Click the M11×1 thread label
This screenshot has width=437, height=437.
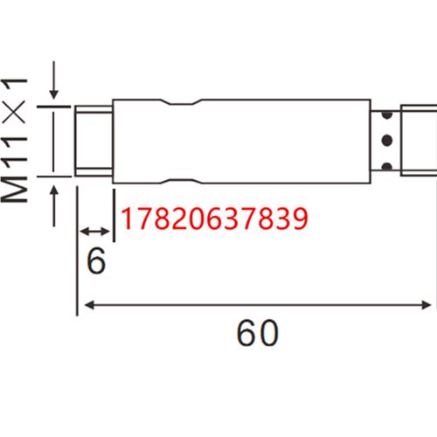(14, 141)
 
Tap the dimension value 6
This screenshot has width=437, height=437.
(96, 261)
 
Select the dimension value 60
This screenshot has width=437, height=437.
(258, 333)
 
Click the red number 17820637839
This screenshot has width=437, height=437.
(214, 218)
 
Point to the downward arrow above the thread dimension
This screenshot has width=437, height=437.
(54, 80)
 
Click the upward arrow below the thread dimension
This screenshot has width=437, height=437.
(54, 206)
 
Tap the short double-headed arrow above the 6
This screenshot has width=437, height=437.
(95, 232)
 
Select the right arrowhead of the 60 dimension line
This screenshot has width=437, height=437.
(425, 305)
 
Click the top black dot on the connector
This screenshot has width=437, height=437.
(387, 114)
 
